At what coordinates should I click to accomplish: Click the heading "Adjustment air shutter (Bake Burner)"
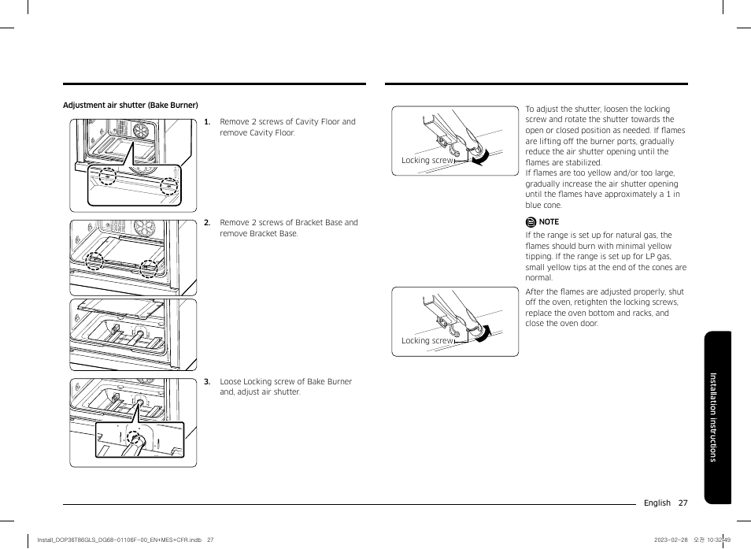(130, 105)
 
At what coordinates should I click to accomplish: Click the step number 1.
(206, 122)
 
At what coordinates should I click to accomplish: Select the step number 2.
(206, 223)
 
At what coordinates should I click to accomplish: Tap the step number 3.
(206, 382)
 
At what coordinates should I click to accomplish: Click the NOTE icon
(531, 222)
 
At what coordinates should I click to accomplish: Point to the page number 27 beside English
(683, 503)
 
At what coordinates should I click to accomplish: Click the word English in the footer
(657, 503)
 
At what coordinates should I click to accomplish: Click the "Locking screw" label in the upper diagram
(427, 160)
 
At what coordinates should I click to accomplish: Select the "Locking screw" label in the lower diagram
(427, 341)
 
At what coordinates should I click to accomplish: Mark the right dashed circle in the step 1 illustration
(168, 187)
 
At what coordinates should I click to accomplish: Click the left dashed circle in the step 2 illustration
(94, 261)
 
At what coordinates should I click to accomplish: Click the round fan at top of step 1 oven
(142, 130)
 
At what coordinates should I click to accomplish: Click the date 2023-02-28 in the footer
(671, 540)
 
